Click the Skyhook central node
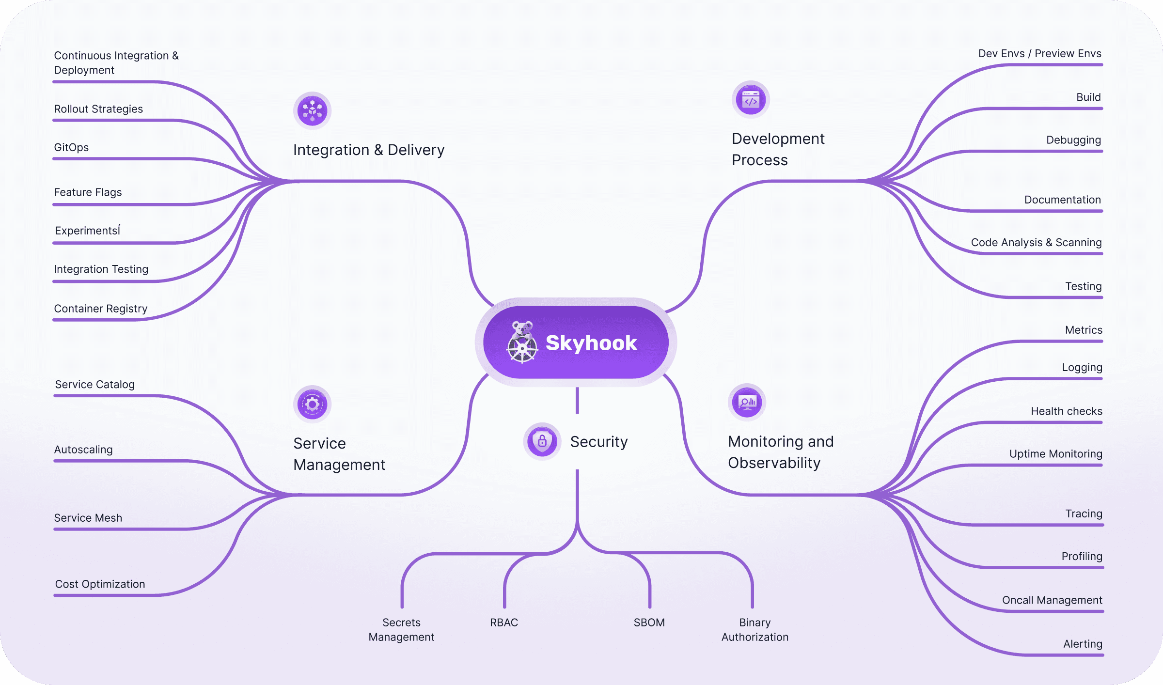coord(576,342)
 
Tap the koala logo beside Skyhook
coord(522,342)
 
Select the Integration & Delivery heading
coord(368,150)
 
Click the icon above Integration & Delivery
coord(312,110)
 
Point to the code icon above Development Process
coord(751,100)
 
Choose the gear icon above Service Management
coord(312,404)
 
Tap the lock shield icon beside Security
coord(542,441)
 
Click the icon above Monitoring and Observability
coord(747,402)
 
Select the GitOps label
coord(71,147)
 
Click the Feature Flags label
coord(88,192)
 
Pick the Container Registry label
coord(101,309)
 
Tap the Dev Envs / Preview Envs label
coord(1039,53)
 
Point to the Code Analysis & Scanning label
coord(1036,242)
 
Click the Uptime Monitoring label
coord(1055,454)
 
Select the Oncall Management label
coord(1052,600)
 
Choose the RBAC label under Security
coord(504,623)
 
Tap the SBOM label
coord(649,623)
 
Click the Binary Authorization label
coord(755,630)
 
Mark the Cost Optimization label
coord(100,584)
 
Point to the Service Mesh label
coord(88,518)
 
